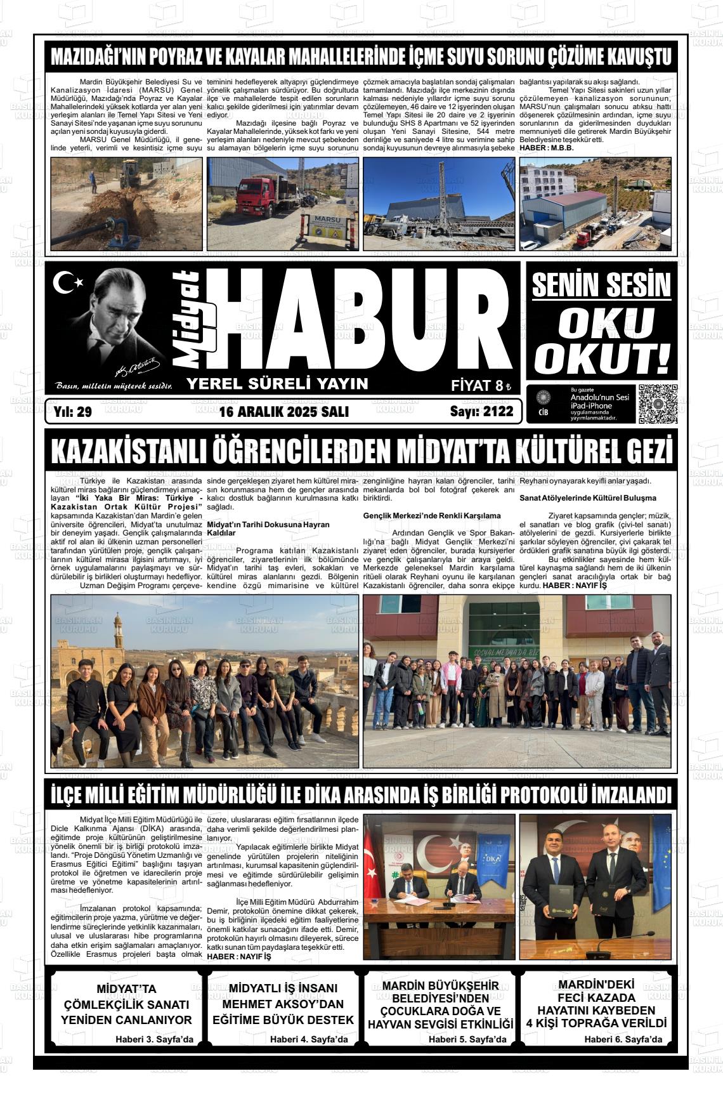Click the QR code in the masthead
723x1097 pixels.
(x=658, y=404)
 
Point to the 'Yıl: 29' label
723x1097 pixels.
(x=74, y=412)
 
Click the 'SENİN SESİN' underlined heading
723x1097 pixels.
(x=601, y=286)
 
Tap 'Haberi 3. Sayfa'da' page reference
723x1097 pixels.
(x=154, y=1039)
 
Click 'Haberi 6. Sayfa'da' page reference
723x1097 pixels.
(x=623, y=1039)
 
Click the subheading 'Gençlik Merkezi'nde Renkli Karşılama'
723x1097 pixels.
(x=432, y=515)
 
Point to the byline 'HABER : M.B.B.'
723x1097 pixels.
(x=547, y=147)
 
